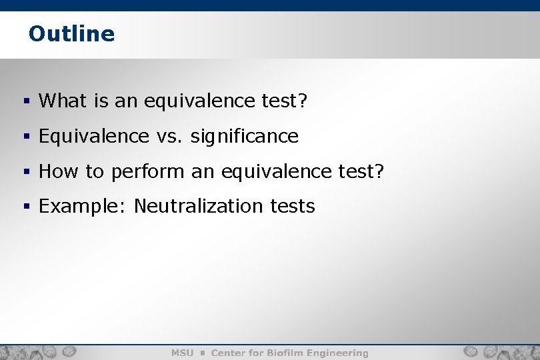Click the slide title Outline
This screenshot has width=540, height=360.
(x=71, y=33)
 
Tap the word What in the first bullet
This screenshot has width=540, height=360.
(x=59, y=101)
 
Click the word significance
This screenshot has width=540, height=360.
(x=244, y=137)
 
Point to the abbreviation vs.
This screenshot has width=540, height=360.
(x=169, y=137)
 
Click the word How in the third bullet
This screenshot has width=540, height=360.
(x=59, y=172)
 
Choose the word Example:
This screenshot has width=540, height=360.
(x=83, y=207)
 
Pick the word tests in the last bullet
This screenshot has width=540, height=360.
(x=293, y=207)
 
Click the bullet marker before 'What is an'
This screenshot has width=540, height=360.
(x=27, y=102)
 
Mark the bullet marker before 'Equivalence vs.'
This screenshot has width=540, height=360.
(x=27, y=137)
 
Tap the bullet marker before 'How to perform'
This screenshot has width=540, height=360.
(x=27, y=173)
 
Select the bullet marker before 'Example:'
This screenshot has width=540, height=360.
(x=27, y=207)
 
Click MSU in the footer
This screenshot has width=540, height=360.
(x=182, y=353)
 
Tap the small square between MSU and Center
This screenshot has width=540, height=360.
(x=202, y=353)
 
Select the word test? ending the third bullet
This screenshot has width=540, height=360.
(x=361, y=172)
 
